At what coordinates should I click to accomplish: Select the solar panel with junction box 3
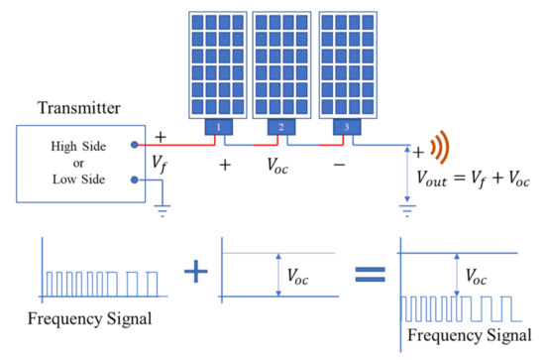[x=343, y=60]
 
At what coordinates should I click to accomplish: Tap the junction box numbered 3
[x=343, y=127]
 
